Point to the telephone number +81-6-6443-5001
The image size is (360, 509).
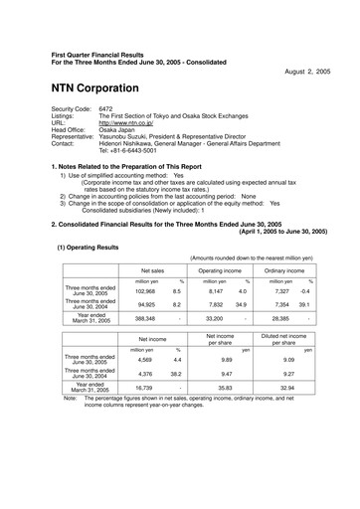coord(138,149)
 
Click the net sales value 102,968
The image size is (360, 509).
coord(145,263)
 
